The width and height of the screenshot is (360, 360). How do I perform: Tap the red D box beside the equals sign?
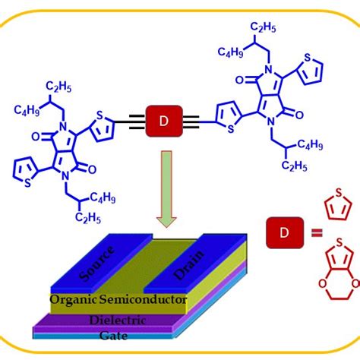(279, 232)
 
